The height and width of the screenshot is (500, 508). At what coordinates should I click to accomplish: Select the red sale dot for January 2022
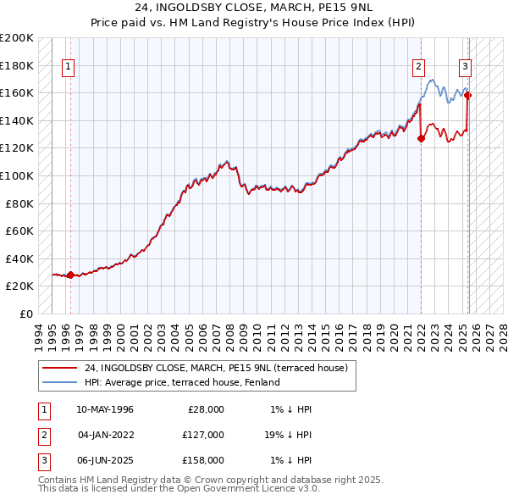421,139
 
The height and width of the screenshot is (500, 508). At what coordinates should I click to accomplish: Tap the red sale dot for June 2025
468,96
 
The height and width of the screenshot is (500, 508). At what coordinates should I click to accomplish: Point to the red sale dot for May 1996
70,275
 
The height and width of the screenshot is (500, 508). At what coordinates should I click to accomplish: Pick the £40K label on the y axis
19,258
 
